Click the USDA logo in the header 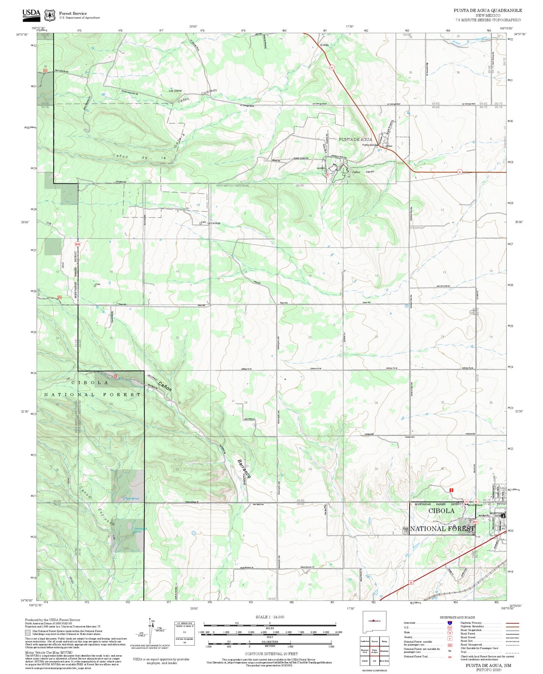(31, 14)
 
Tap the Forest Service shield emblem (50, 15)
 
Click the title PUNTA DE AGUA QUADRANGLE (487, 11)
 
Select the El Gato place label (324, 45)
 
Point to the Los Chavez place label (175, 91)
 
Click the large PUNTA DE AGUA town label (355, 139)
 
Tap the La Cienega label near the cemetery (213, 223)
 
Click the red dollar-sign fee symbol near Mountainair (451, 490)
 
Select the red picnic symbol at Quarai (327, 175)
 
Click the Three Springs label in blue (132, 499)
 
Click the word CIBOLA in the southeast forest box (441, 511)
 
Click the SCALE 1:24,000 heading (269, 617)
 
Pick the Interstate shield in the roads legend (449, 623)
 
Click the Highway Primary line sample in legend (512, 623)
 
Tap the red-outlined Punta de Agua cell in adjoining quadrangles (374, 651)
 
